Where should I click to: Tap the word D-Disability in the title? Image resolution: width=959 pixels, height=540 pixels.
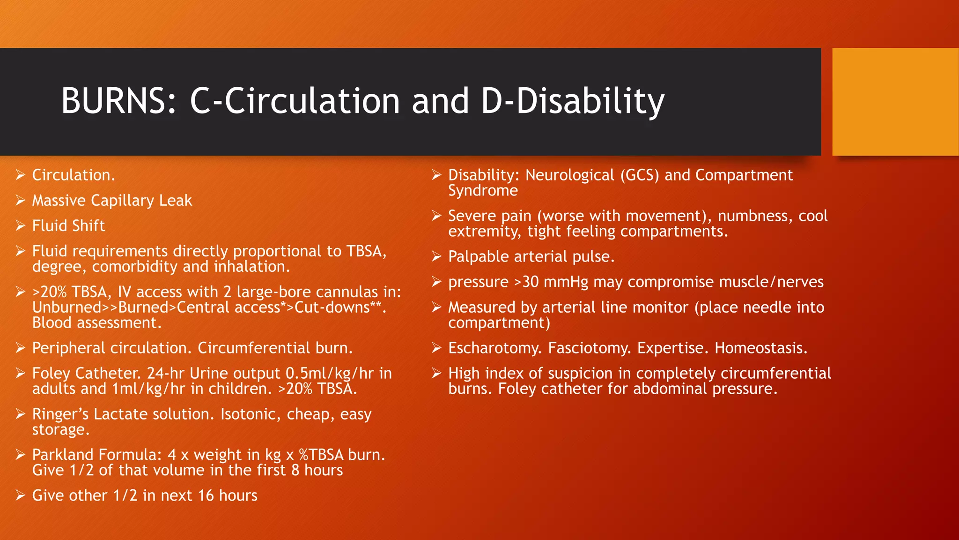[x=572, y=101]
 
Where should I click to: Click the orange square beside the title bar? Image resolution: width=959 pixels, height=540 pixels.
[x=895, y=102]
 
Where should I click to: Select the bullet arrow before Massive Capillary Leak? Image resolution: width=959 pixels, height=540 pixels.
[x=20, y=201]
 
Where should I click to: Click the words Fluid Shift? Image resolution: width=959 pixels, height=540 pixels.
[x=68, y=226]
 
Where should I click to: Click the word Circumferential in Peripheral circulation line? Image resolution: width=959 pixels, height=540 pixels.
[x=253, y=348]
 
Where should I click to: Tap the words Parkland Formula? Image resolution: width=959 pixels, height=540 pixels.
[x=96, y=455]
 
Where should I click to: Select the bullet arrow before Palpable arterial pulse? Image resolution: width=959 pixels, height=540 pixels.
[x=436, y=257]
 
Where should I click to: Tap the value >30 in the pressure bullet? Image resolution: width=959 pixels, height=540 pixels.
[x=526, y=282]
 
